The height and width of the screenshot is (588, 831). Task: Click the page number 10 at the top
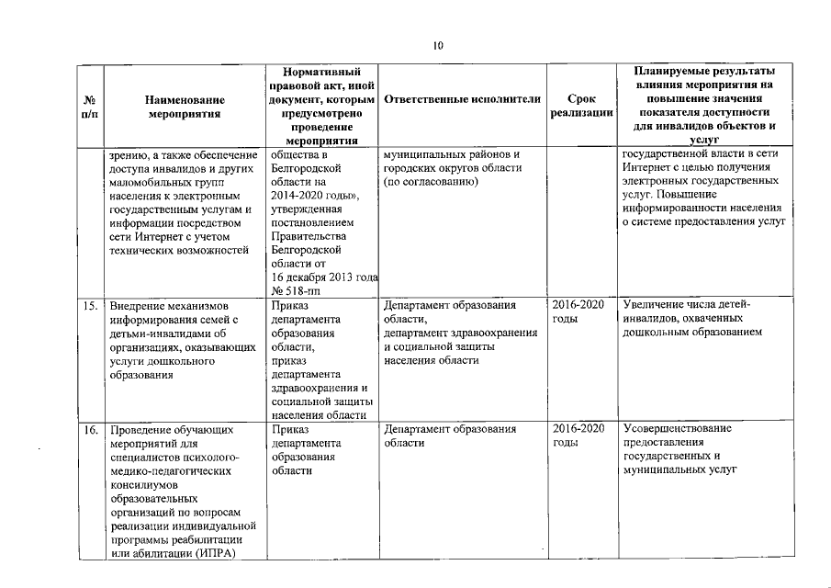(438, 46)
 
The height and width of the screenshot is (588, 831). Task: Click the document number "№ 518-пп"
(295, 288)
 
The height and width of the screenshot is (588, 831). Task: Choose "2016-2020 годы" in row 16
(578, 435)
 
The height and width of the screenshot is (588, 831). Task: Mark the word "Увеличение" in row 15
(653, 304)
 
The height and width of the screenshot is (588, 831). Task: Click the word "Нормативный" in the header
(321, 71)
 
